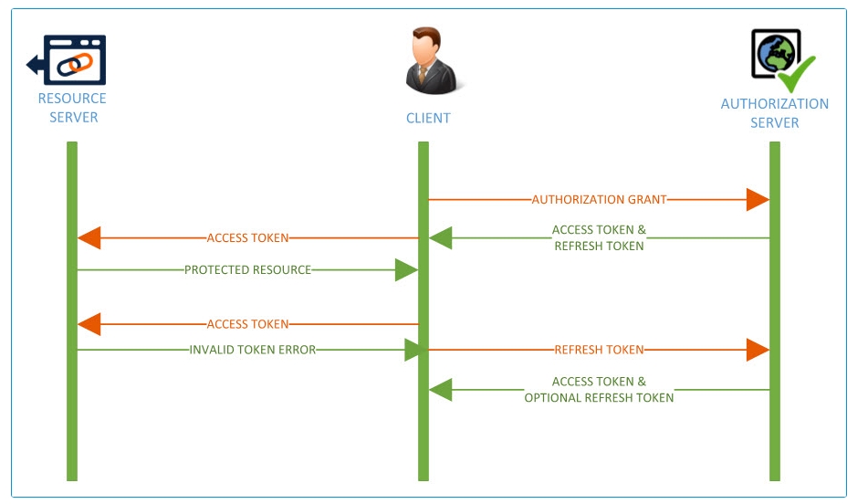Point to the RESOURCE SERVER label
[x=72, y=108]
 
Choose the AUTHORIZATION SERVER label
[x=775, y=113]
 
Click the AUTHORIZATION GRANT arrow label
[x=599, y=199]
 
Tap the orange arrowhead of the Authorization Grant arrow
[x=758, y=199]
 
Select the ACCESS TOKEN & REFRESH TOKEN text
[x=599, y=238]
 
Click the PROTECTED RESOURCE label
[x=247, y=270]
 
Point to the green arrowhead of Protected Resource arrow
[x=406, y=270]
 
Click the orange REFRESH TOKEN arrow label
[x=599, y=350]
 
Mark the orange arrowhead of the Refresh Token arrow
[x=758, y=350]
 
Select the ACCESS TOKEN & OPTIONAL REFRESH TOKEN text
[x=599, y=390]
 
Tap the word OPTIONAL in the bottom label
[x=556, y=398]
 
